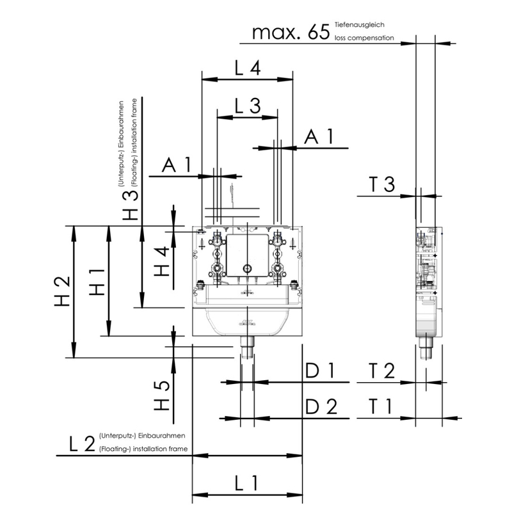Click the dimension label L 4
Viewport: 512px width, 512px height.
(x=248, y=68)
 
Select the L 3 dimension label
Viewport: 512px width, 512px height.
(x=248, y=106)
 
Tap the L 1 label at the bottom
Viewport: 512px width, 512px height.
(x=246, y=483)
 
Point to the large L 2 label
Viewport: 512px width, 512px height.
(x=82, y=444)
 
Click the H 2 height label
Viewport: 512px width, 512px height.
(x=62, y=291)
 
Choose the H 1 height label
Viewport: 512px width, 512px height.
(x=97, y=282)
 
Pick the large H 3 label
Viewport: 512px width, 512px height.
(x=131, y=205)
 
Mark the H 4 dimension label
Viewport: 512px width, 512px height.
(x=162, y=261)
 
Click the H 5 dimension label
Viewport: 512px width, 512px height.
(x=162, y=396)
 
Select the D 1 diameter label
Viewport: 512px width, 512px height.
(x=319, y=371)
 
